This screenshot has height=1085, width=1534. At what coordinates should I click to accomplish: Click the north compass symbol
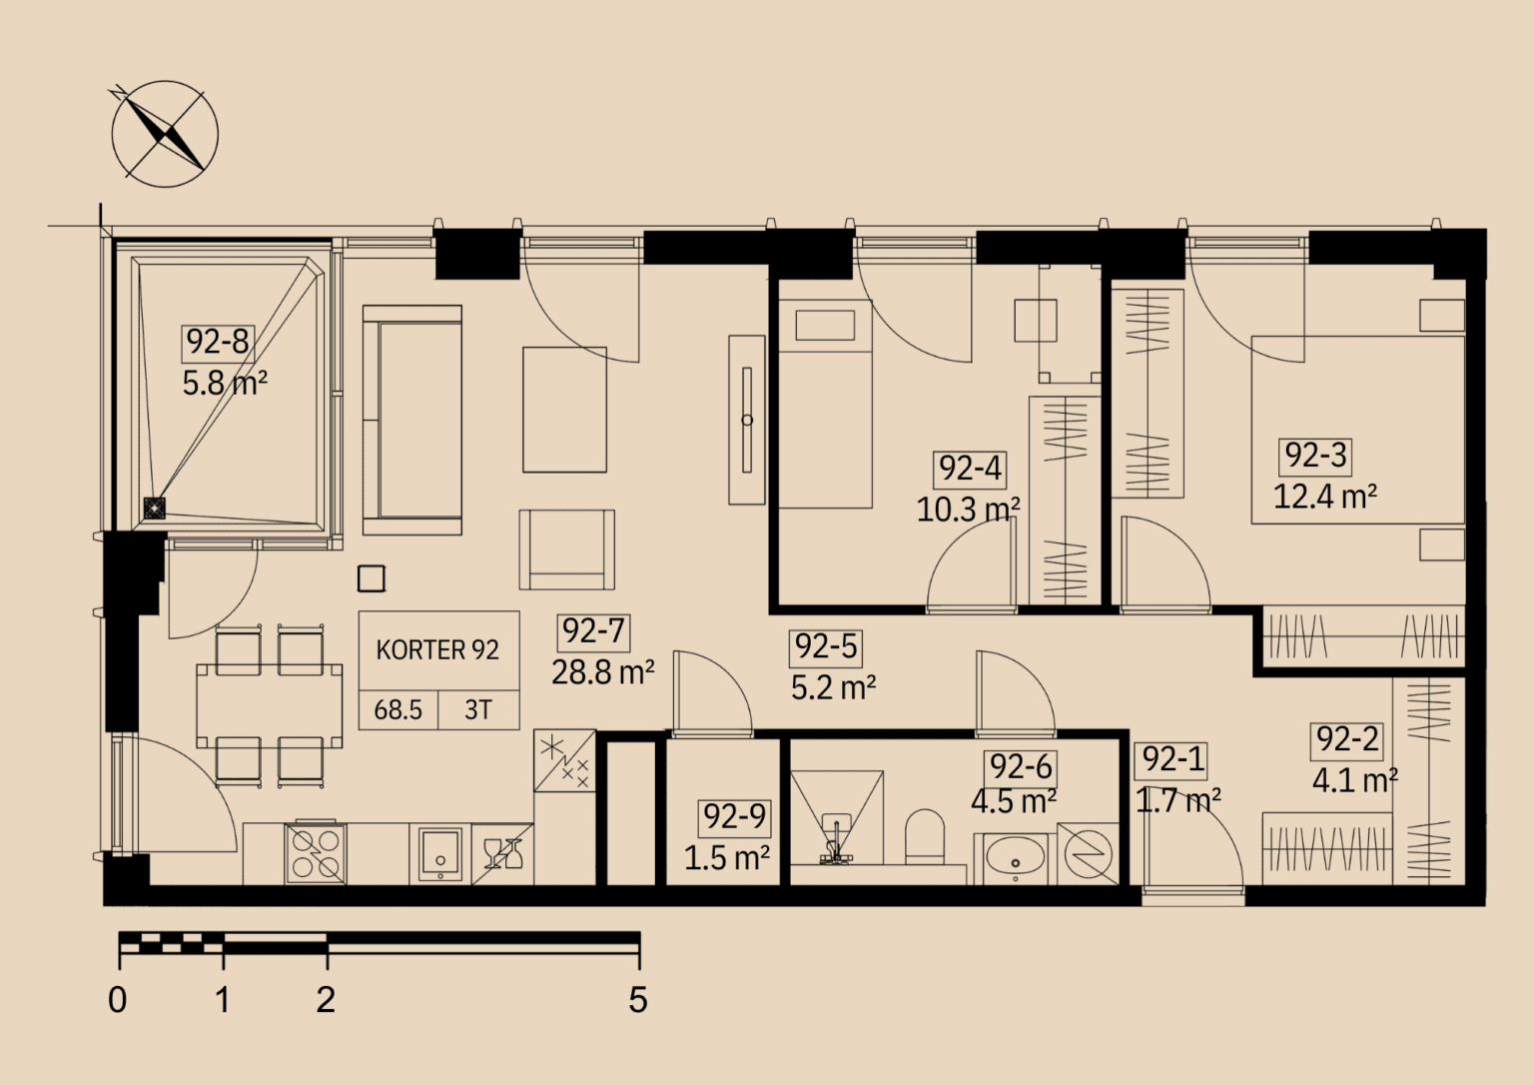[165, 133]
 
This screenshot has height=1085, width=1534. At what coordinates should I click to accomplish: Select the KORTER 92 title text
[437, 649]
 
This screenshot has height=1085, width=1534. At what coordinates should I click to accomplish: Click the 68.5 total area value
[397, 709]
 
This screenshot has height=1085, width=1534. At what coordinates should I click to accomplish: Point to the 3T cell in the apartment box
[478, 709]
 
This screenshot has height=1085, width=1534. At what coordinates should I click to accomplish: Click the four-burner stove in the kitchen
[316, 853]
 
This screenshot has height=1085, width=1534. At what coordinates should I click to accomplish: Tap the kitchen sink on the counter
[439, 854]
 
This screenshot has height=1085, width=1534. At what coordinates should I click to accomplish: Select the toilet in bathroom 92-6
[925, 837]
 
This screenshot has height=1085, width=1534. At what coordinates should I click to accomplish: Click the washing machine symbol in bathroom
[1089, 854]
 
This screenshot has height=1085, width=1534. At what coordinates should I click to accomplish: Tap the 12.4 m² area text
[1325, 496]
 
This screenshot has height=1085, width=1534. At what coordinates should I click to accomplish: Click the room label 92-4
[970, 470]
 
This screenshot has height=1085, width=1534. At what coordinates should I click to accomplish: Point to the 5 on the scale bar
[637, 1000]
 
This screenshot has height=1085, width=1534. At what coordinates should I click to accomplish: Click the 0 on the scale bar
[118, 1000]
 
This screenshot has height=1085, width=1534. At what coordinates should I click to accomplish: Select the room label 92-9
[734, 817]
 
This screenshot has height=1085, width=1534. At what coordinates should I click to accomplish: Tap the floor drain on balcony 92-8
[155, 509]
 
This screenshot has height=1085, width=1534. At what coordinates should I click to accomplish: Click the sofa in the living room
[412, 420]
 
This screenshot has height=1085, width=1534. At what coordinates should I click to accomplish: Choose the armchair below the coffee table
[566, 549]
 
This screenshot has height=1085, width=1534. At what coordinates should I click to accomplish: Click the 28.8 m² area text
[602, 673]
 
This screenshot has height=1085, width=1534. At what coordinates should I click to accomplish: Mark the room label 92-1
[1172, 759]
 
